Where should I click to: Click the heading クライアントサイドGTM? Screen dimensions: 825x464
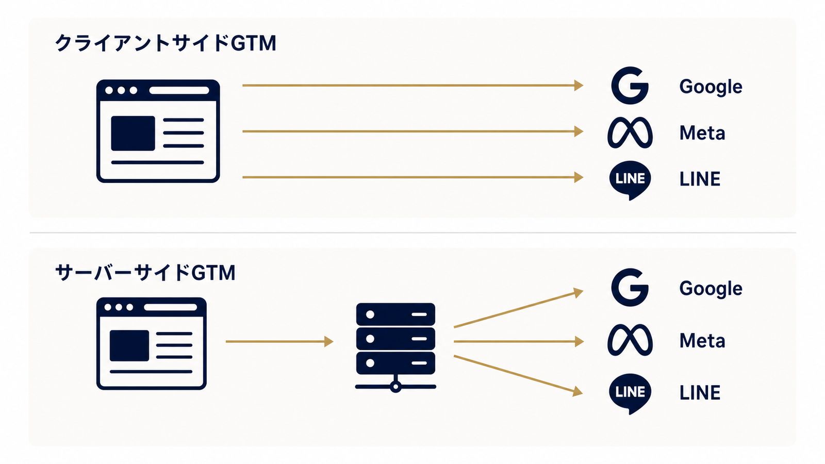point(166,43)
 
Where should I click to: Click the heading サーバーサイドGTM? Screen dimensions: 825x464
point(145,273)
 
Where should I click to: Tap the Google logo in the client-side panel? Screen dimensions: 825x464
point(630,86)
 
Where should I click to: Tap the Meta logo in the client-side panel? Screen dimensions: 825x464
point(630,132)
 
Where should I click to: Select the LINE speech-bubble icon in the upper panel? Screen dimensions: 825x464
point(630,180)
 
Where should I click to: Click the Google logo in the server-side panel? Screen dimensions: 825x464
point(630,287)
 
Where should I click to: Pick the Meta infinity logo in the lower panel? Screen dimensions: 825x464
point(630,340)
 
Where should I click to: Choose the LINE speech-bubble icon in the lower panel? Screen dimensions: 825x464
point(630,394)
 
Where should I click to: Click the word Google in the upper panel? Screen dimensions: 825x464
point(711,87)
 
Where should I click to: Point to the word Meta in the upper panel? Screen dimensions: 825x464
point(702,133)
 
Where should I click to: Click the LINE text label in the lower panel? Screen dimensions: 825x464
point(700,392)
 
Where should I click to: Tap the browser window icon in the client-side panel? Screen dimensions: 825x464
point(158,131)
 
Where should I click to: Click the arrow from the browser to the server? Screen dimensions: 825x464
point(279,341)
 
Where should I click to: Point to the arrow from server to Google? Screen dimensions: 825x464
point(519,309)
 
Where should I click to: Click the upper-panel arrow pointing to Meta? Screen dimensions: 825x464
point(413,131)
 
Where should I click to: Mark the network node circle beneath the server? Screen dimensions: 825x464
point(395,387)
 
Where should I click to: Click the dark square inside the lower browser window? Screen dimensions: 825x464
point(129,345)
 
